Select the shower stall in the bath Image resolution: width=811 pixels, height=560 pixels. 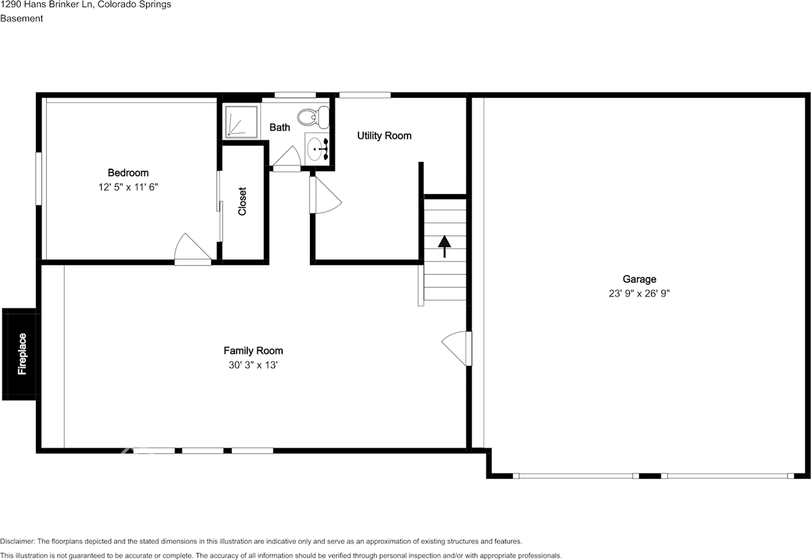[241, 121]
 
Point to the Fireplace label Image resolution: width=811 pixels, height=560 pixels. [22, 354]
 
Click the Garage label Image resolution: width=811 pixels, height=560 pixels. [639, 279]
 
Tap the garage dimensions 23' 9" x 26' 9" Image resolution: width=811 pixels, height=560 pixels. [639, 294]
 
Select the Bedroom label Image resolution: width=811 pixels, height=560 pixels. [128, 173]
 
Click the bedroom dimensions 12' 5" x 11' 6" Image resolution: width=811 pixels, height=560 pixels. [128, 187]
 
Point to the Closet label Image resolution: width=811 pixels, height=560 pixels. [243, 201]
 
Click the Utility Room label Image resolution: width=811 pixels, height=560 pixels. [384, 136]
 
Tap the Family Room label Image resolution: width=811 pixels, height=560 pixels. [253, 351]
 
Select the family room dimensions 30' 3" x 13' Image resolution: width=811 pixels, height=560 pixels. [253, 365]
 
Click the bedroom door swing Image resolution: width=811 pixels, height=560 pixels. [190, 249]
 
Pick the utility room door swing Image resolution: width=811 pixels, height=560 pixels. [324, 197]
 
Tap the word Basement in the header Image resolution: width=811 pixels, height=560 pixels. [22, 18]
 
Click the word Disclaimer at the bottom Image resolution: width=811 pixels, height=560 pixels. [17, 541]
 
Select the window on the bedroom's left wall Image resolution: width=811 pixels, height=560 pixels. [39, 178]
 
